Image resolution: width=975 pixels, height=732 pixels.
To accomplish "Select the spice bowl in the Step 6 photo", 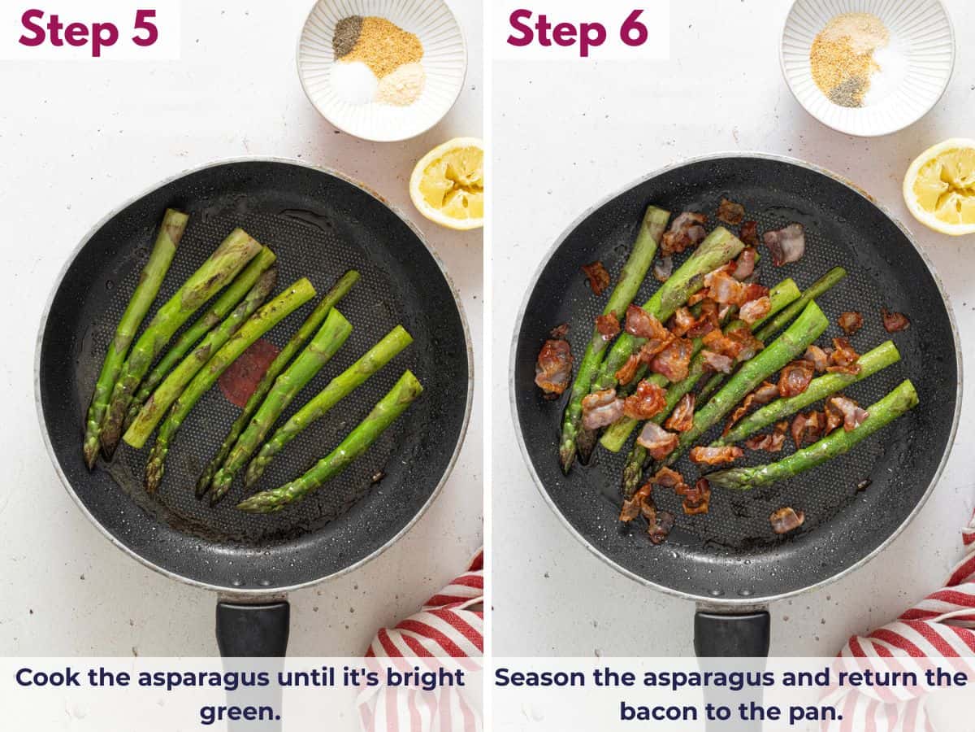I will [x=867, y=65].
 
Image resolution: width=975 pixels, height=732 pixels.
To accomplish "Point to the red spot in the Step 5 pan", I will [x=247, y=373].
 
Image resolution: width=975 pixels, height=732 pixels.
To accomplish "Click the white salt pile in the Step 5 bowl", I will [x=353, y=81].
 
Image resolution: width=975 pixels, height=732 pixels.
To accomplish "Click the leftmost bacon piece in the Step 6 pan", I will [x=553, y=366].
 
